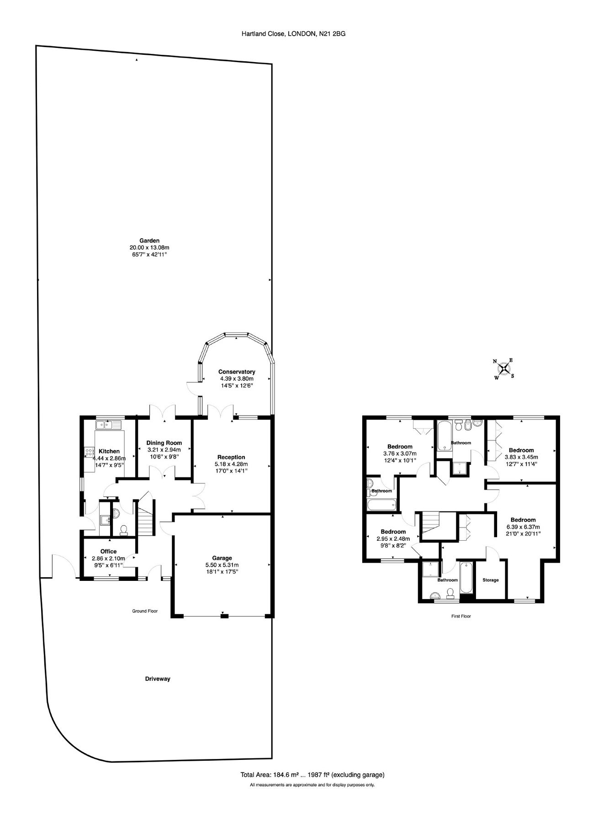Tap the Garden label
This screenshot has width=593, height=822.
pos(149,241)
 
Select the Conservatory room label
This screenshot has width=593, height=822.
pos(237,372)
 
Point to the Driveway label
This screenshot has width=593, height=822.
pos(158,679)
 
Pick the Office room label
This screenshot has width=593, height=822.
pos(109,551)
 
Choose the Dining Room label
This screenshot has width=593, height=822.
pos(164,443)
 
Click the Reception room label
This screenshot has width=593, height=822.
pos(231,457)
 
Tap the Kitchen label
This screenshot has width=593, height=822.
pos(109,451)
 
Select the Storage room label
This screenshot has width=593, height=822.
pos(491,580)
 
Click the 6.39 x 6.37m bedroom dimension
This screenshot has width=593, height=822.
pos(523,527)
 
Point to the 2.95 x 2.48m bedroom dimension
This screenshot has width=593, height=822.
pos(393,538)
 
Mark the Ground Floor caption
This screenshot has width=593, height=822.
pos(145,611)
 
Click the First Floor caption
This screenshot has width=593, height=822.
pos(461,616)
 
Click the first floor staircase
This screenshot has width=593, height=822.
pos(430,522)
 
